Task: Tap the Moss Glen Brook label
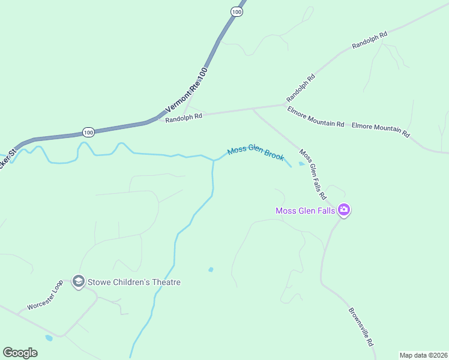pos(255,154)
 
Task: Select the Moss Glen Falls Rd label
pos(312,175)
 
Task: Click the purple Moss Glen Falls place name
pos(304,211)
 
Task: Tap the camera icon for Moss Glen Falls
pos(344,210)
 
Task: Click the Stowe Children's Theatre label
pos(134,282)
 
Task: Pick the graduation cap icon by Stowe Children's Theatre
pos(78,281)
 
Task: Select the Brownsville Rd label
pos(361,326)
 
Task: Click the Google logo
pos(20,353)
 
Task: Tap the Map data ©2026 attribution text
pos(423,355)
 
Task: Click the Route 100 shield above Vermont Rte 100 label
pos(238,12)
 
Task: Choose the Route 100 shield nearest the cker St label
pos(88,132)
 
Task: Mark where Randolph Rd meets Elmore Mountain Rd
pos(284,105)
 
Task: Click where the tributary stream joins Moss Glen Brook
pos(214,160)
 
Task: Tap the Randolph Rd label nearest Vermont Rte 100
pos(184,118)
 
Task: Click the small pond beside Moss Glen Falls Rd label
pos(301,163)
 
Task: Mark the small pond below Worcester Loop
pos(49,338)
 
